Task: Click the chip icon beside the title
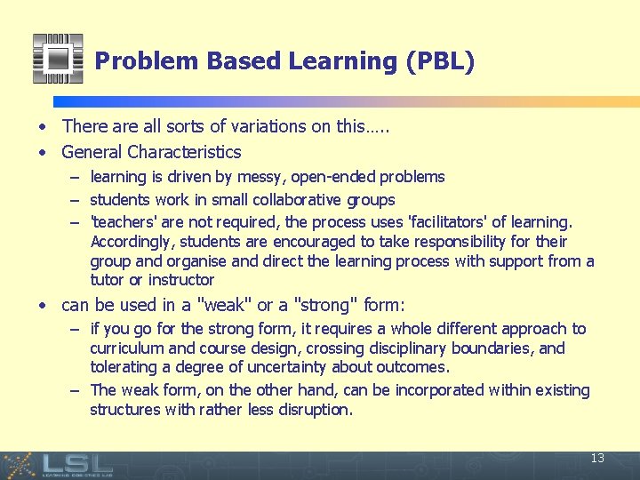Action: click(x=58, y=59)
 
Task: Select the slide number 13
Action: click(x=597, y=459)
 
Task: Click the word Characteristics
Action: click(x=185, y=152)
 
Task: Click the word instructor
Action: click(x=181, y=280)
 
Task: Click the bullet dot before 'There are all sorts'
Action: click(x=42, y=127)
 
